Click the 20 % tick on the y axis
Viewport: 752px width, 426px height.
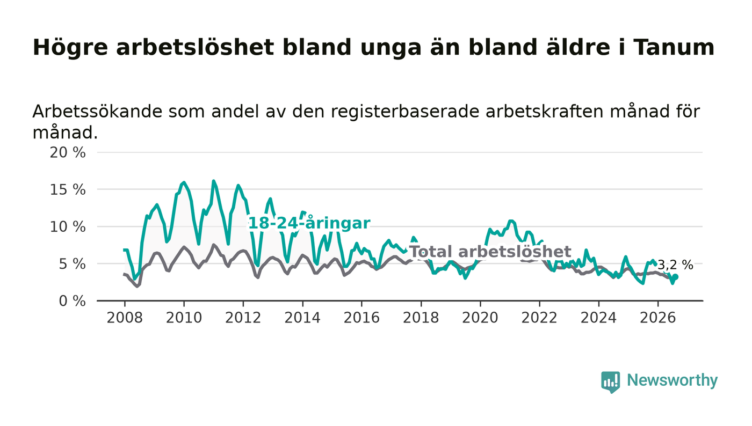68,152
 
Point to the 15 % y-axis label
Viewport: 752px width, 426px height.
68,190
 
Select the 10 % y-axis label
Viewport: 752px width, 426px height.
68,227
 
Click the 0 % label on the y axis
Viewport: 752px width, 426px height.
72,301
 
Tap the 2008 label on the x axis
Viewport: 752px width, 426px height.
125,318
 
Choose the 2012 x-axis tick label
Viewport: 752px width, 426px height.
243,318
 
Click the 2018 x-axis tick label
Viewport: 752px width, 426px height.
421,318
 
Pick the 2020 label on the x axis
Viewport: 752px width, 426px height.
480,318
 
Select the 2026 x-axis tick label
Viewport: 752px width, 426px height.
657,318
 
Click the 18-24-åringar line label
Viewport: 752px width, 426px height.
309,223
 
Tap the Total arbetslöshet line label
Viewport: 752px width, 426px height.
490,252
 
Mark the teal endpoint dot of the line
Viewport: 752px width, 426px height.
676,277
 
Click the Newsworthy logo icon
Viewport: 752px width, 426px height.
611,382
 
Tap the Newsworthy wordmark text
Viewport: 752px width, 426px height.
673,380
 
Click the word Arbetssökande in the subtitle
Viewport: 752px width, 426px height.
97,112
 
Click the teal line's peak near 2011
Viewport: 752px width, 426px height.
214,181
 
